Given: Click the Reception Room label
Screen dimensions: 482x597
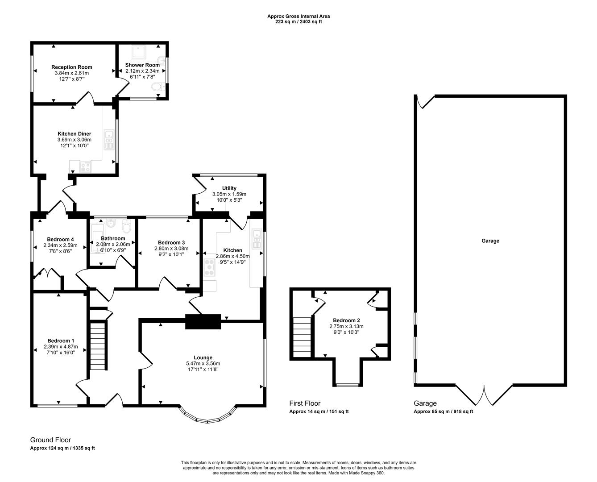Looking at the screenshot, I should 71,67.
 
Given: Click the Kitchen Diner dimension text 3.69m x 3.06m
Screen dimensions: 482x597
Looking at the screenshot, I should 74,140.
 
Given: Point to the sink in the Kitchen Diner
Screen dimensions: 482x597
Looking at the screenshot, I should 109,139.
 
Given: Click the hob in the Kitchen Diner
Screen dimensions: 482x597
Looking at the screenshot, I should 85,167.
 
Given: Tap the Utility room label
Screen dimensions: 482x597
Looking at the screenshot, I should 229,188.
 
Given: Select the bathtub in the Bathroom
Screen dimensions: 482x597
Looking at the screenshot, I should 97,238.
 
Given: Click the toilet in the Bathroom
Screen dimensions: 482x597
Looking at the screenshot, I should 126,227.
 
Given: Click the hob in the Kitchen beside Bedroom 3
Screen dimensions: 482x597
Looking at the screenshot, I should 209,267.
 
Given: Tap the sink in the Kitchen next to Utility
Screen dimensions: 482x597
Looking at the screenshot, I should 257,238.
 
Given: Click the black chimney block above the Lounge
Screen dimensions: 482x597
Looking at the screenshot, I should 203,321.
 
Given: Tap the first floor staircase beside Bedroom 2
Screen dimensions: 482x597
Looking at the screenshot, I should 301,337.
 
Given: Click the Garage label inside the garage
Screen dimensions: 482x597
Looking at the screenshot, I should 490,241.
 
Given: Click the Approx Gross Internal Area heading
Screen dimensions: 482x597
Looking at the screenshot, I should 298,17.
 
